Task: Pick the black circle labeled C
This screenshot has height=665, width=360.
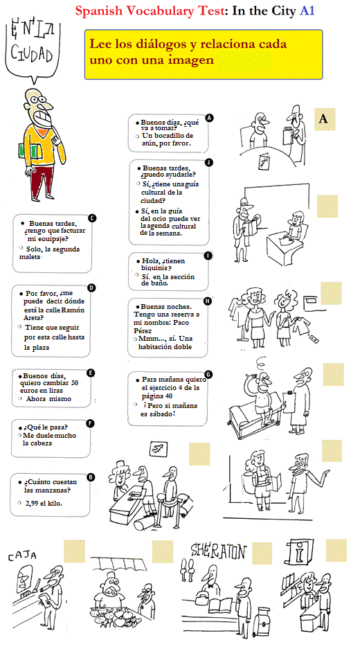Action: pyautogui.click(x=92, y=218)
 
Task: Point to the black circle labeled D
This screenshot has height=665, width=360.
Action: pyautogui.click(x=91, y=287)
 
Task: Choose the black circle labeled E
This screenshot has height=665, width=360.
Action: pyautogui.click(x=91, y=373)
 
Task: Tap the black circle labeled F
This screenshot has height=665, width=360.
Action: pyautogui.click(x=90, y=423)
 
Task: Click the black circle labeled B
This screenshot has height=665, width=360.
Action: pyautogui.click(x=90, y=477)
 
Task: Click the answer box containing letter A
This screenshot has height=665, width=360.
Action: pyautogui.click(x=323, y=119)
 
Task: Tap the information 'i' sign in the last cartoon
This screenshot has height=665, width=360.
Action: pyautogui.click(x=299, y=553)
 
